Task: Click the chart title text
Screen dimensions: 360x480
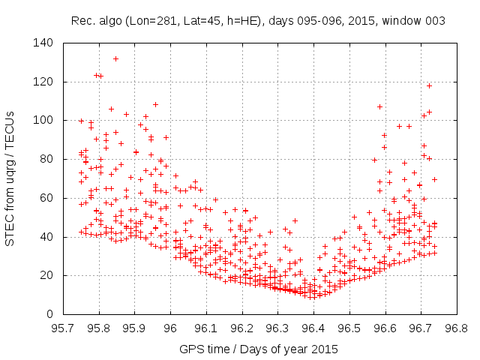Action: [x=259, y=20]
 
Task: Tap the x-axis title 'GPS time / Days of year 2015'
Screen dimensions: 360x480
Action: [x=259, y=349]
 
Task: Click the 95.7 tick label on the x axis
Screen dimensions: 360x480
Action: [x=63, y=328]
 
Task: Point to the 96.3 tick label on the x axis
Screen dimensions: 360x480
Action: [x=277, y=328]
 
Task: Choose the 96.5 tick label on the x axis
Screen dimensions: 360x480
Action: [x=349, y=328]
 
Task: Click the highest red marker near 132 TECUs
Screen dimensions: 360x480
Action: [x=115, y=58]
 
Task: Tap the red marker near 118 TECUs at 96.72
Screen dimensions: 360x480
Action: [x=429, y=85]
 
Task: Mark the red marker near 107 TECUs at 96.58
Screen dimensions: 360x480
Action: [x=379, y=106]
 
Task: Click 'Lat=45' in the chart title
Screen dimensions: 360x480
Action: [x=198, y=20]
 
